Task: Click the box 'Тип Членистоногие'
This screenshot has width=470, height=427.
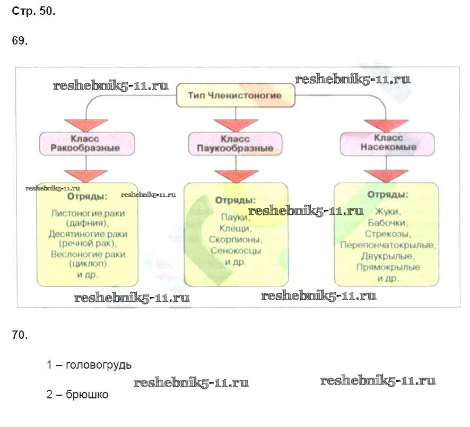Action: tap(234, 97)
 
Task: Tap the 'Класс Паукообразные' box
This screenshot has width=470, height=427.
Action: tap(235, 143)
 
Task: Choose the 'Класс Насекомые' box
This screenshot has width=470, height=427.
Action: tap(387, 143)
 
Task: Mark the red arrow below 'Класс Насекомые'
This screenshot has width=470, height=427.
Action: tap(387, 175)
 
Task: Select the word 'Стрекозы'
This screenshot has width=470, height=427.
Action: tap(387, 234)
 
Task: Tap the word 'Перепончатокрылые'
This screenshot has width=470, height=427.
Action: tap(388, 245)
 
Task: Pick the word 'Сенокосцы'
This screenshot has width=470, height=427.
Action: tap(236, 250)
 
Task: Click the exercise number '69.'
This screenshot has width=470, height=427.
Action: tap(19, 41)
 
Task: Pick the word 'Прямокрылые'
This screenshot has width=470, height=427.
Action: tap(388, 267)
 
